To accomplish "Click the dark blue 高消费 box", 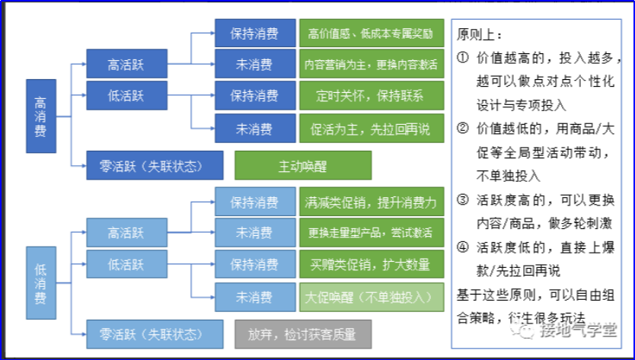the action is click(41, 116).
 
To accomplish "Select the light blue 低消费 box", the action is click(41, 282).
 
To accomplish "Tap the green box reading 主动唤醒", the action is click(303, 165).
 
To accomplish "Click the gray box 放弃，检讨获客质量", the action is click(303, 334).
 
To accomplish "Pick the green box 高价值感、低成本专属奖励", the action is click(372, 33).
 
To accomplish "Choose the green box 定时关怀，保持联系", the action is click(372, 96).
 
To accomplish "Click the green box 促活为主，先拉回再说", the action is click(372, 129).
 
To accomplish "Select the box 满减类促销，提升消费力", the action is click(372, 201).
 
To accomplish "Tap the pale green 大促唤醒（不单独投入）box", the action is click(372, 298).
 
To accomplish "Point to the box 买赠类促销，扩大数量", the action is click(372, 264).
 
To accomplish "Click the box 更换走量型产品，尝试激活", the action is click(372, 232).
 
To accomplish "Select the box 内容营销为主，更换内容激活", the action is click(372, 64).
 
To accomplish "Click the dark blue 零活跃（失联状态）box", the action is click(155, 165).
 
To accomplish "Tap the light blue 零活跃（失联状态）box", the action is click(155, 334).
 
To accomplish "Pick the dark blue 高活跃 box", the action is click(126, 64).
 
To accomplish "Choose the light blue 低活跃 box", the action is click(126, 264).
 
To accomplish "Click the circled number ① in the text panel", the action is click(462, 57).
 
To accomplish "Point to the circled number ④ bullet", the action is click(462, 247).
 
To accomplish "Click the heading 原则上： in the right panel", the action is click(480, 34).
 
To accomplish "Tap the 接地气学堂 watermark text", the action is click(579, 330).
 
